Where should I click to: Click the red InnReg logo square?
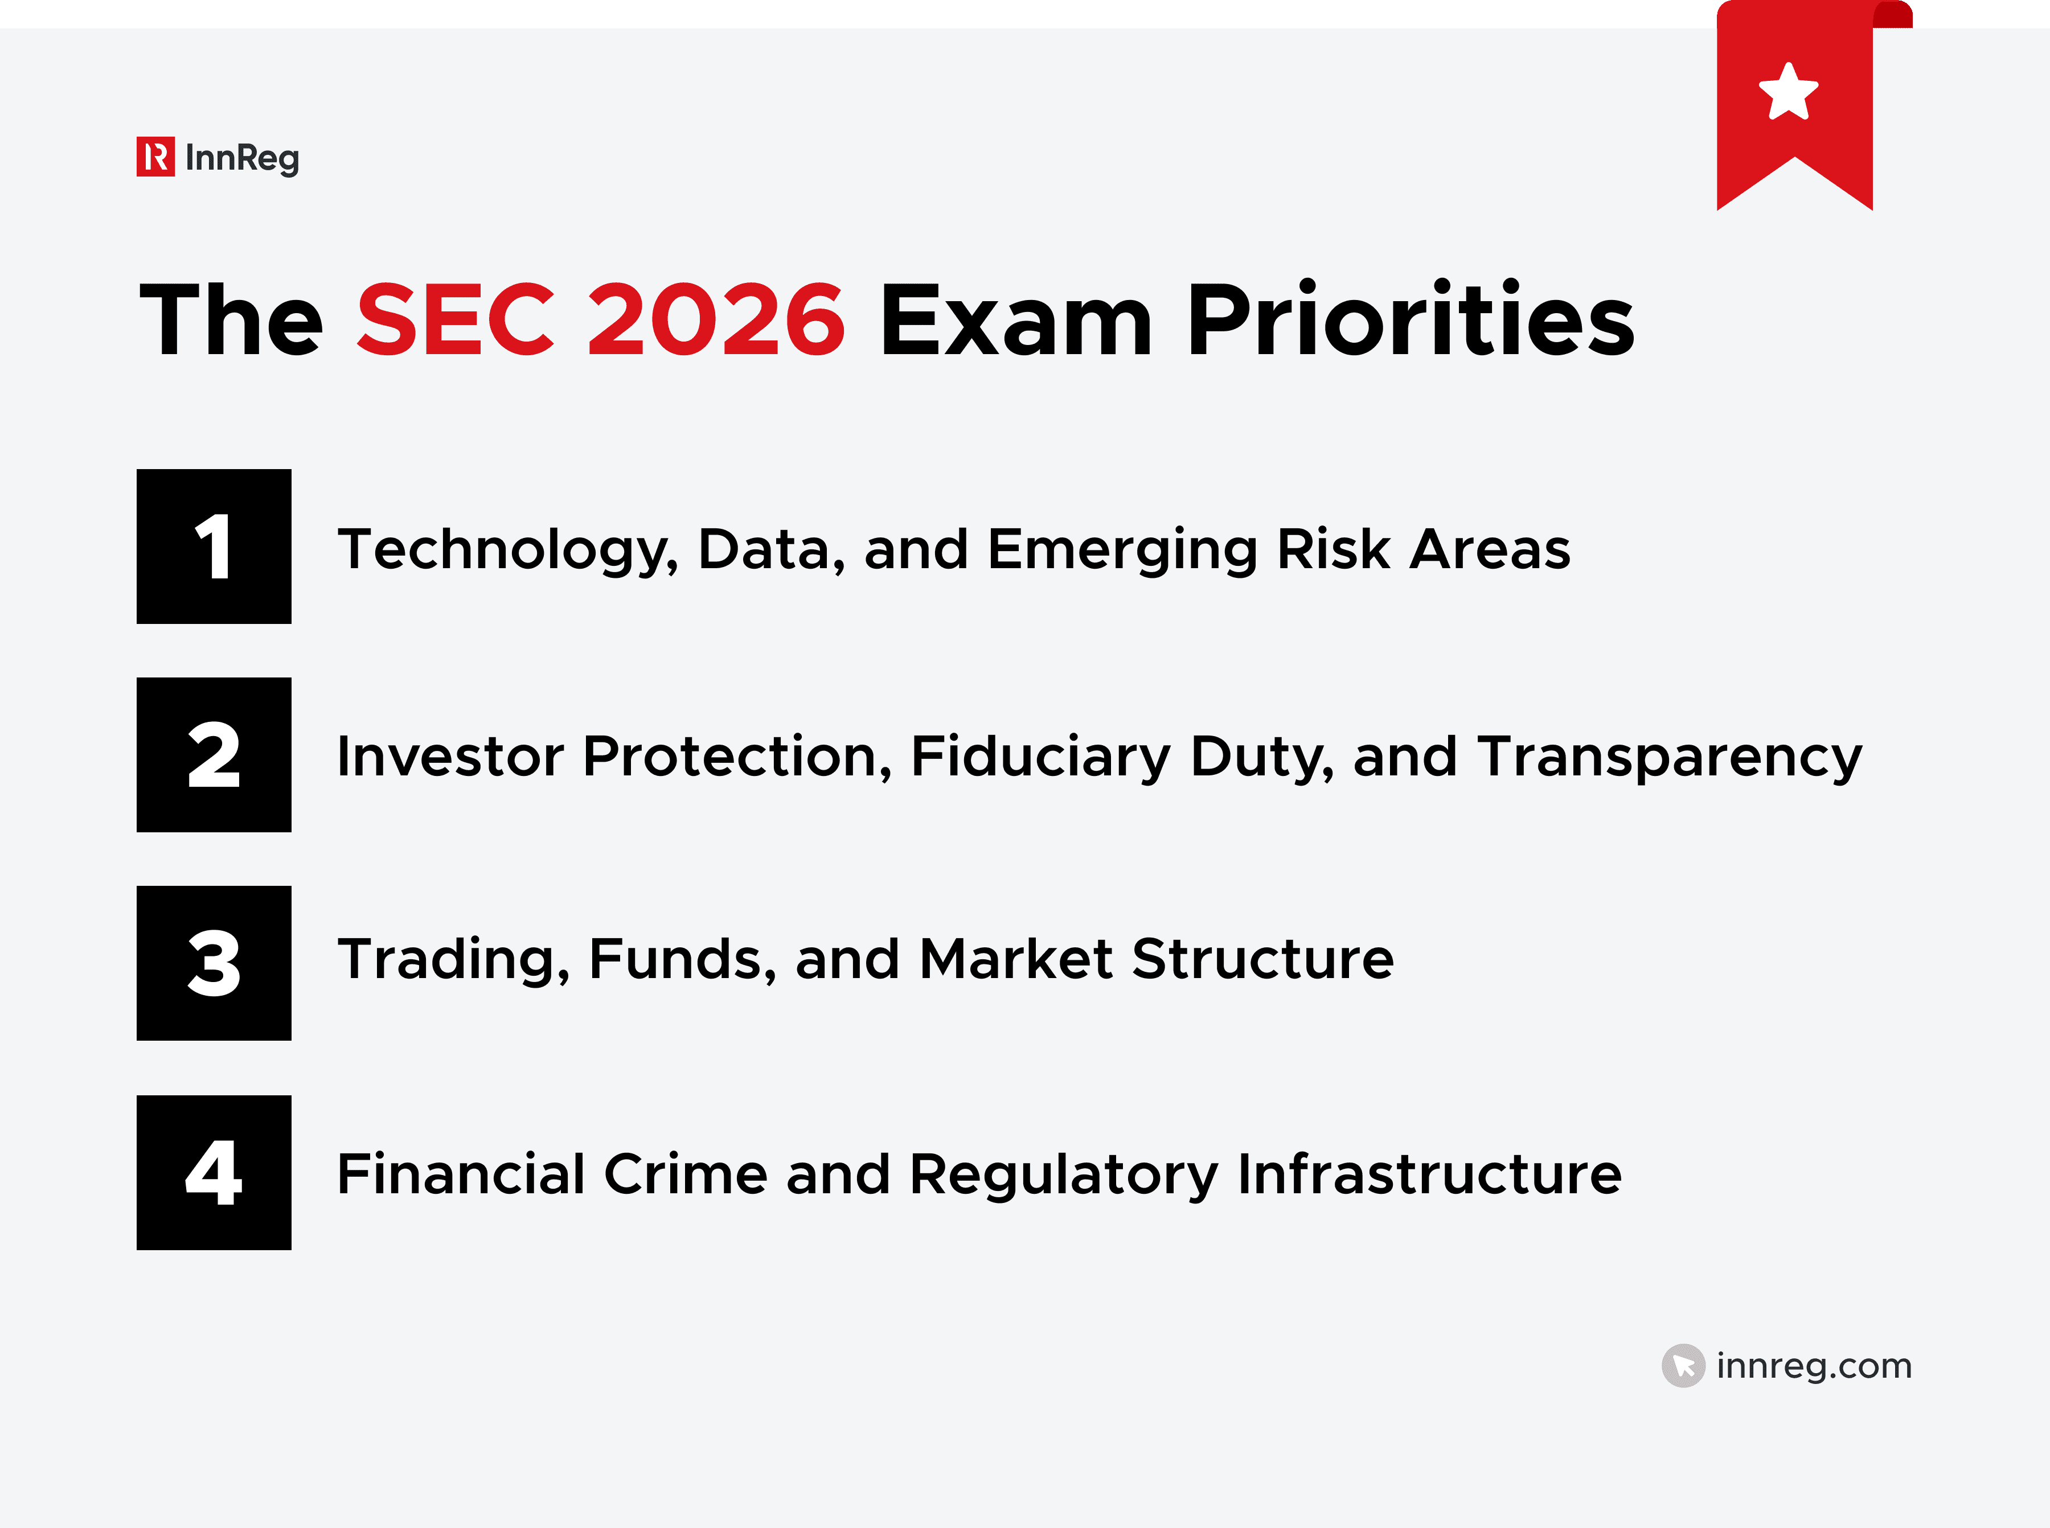click(155, 157)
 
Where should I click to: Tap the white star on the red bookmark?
click(1787, 92)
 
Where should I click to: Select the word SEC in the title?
click(455, 320)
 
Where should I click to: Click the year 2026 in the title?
click(716, 320)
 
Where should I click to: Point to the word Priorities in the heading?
click(1410, 320)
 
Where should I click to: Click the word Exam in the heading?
click(1016, 320)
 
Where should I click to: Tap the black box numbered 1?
click(214, 547)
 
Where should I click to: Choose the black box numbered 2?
click(214, 755)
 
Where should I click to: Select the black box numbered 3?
click(214, 963)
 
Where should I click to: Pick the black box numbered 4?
click(214, 1172)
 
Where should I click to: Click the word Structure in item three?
click(1262, 959)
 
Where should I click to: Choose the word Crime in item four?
click(686, 1174)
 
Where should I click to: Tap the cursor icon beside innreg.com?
click(1683, 1365)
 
